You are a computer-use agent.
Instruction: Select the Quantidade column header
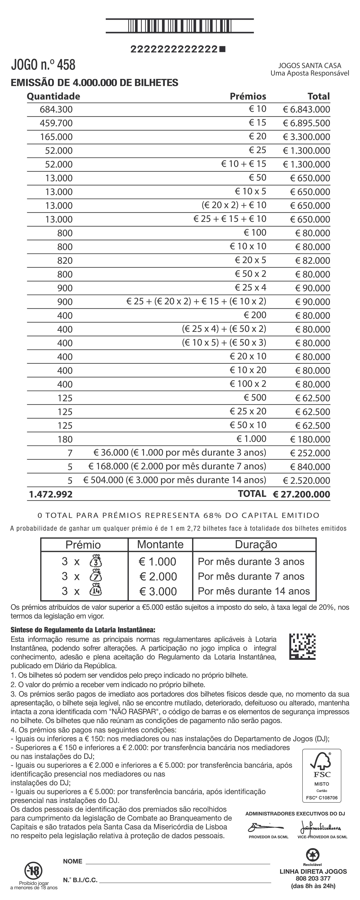(x=54, y=96)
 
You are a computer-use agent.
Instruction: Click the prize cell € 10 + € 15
(x=244, y=164)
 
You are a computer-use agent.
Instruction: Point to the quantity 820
(x=65, y=261)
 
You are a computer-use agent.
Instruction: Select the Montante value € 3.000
(x=158, y=591)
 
